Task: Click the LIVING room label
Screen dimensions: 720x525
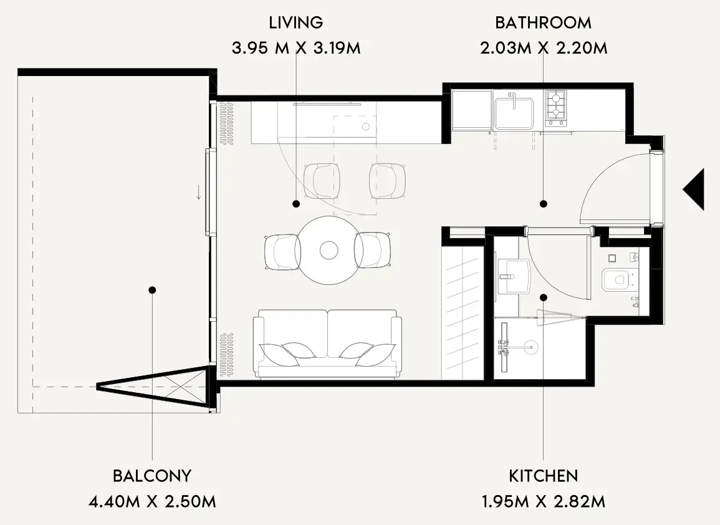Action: tap(295, 22)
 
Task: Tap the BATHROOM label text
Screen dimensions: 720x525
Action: tap(543, 22)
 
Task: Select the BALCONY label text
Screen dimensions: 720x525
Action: tap(152, 476)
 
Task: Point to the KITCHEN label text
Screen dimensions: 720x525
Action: tap(543, 476)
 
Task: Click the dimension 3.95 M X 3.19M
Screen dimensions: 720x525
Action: tap(296, 48)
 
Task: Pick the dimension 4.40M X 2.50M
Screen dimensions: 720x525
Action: tap(152, 501)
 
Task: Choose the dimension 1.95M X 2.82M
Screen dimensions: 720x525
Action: tap(543, 501)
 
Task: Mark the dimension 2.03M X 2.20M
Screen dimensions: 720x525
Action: tap(544, 48)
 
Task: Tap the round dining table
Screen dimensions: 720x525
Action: tap(329, 250)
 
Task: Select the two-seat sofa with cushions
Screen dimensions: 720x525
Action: tap(327, 344)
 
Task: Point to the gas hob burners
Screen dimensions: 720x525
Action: tap(555, 108)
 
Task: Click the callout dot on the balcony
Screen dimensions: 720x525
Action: tap(153, 290)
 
